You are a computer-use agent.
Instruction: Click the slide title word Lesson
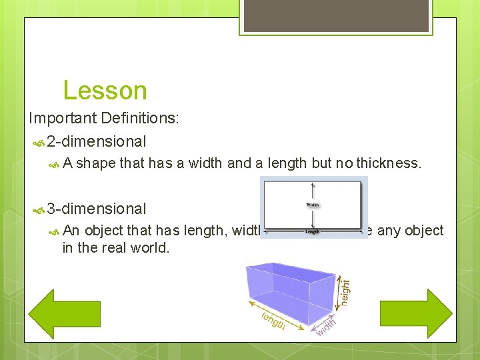click(x=105, y=91)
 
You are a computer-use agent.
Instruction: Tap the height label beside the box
click(x=345, y=292)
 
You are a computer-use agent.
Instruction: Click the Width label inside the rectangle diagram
click(x=313, y=205)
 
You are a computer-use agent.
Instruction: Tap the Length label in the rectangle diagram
click(x=312, y=232)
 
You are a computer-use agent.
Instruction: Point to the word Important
click(x=63, y=118)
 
